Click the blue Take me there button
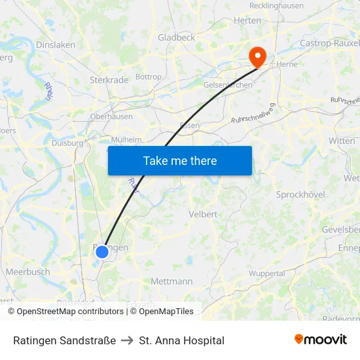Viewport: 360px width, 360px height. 179,160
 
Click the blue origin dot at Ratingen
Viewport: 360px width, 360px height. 101,251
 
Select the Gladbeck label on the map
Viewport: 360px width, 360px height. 176,38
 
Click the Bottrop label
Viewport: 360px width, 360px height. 149,77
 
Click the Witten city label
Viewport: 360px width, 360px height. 342,141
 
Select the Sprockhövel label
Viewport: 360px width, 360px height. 301,195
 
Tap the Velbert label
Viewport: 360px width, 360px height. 203,214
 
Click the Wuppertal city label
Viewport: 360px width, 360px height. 266,273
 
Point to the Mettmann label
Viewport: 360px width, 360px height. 171,281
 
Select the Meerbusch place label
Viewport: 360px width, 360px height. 27,272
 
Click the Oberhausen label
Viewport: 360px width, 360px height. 111,117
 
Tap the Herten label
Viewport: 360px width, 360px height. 247,21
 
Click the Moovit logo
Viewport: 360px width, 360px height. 320,340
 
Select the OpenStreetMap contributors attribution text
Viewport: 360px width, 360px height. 70,312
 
